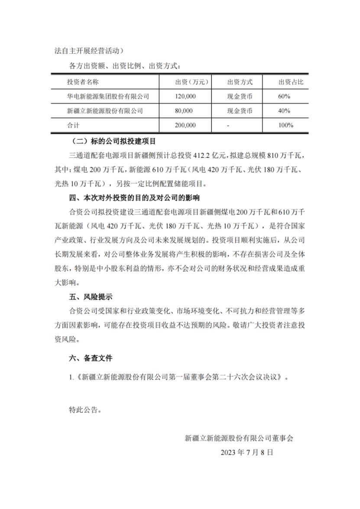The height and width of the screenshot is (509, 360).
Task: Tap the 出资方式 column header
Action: coord(240,82)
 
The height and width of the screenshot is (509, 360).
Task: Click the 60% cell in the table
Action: coord(284,96)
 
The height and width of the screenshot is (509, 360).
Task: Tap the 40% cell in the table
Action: coord(284,111)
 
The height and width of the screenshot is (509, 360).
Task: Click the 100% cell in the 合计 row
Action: coord(286,125)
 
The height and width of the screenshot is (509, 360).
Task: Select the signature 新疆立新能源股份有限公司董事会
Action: coord(239,438)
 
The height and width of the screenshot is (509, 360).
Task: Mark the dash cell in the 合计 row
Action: coord(228,125)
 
